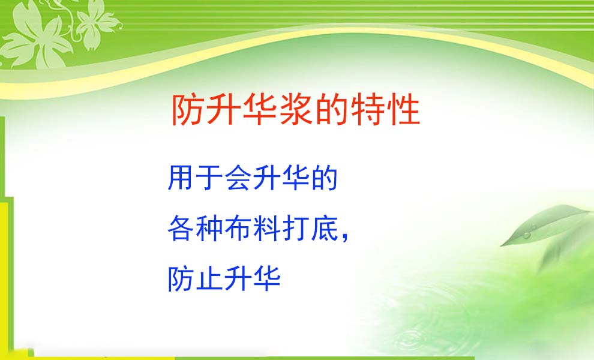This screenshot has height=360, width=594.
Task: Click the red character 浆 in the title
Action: click(295, 110)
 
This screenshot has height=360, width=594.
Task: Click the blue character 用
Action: click(181, 178)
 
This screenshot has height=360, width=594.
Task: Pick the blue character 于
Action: click(209, 178)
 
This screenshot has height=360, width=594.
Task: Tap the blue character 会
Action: click(238, 178)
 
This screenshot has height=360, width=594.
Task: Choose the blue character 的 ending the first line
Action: click(325, 178)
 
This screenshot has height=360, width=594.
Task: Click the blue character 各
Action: click(181, 228)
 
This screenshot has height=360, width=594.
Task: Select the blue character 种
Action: click(209, 228)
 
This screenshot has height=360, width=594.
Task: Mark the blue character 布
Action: click(238, 228)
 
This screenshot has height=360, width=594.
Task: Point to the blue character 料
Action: click(267, 228)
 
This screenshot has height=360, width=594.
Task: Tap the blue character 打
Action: click(296, 228)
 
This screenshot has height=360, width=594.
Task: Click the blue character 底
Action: click(325, 228)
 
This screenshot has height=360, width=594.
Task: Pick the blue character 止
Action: click(209, 279)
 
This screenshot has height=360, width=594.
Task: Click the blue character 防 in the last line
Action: click(181, 279)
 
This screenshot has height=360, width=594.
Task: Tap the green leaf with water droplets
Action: click(545, 226)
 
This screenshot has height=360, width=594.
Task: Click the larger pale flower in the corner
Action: click(37, 36)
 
